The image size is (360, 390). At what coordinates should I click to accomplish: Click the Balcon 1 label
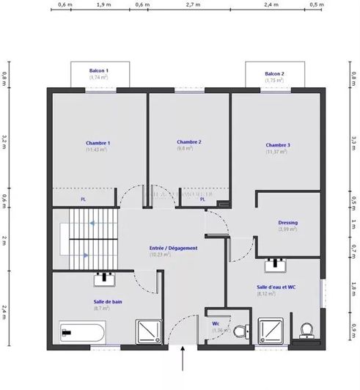[99, 70]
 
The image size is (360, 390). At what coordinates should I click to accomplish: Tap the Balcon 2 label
[274, 74]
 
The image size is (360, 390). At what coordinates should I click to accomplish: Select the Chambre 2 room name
[188, 141]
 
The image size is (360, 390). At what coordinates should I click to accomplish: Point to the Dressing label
[287, 222]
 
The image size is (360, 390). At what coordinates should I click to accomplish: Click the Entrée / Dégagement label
[173, 248]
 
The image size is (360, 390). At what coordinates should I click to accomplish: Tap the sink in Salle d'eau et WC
[276, 263]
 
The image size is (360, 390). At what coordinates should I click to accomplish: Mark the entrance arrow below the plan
[183, 361]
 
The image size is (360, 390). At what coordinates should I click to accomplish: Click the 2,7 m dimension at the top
[193, 4]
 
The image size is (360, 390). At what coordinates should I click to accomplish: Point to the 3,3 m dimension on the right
[354, 139]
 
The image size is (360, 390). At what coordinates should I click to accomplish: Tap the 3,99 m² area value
[287, 229]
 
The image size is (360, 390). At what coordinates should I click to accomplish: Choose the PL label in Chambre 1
[84, 199]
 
